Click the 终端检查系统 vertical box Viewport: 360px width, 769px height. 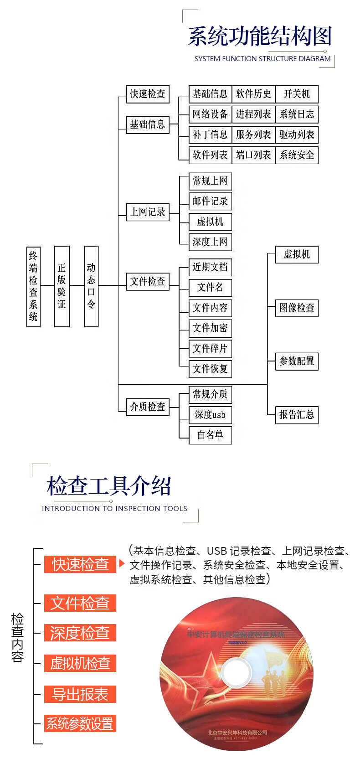click(x=33, y=286)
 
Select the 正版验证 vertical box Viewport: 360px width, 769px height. click(x=62, y=286)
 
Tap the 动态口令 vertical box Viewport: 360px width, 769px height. click(x=91, y=286)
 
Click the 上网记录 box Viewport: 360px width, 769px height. click(x=148, y=212)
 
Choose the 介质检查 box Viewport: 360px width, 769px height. click(x=148, y=407)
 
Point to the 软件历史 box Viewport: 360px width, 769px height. click(x=253, y=94)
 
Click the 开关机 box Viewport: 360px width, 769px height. click(x=297, y=94)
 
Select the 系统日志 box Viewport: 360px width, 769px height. click(x=297, y=114)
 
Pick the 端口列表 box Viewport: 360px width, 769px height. click(x=253, y=155)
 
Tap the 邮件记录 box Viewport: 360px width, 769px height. click(x=210, y=201)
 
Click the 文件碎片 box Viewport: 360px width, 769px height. click(x=210, y=349)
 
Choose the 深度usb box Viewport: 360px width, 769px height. click(x=210, y=415)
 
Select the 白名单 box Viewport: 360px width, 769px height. click(x=210, y=435)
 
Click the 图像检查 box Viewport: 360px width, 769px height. click(x=297, y=308)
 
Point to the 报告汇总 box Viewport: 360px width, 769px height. click(x=297, y=415)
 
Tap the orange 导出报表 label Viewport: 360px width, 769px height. click(x=80, y=694)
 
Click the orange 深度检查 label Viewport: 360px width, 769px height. click(x=80, y=633)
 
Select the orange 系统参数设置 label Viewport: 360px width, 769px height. click(x=80, y=723)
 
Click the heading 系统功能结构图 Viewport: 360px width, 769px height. click(x=260, y=36)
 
